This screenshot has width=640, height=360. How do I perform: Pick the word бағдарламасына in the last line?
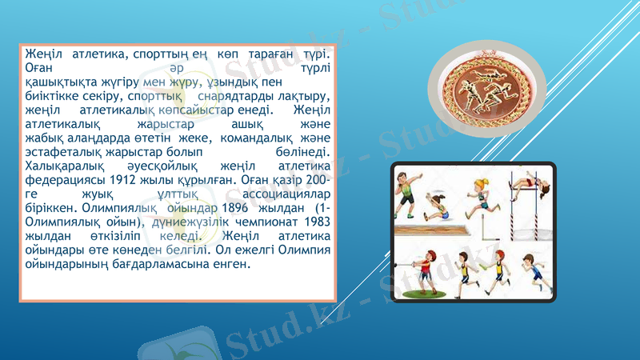(x=152, y=263)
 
